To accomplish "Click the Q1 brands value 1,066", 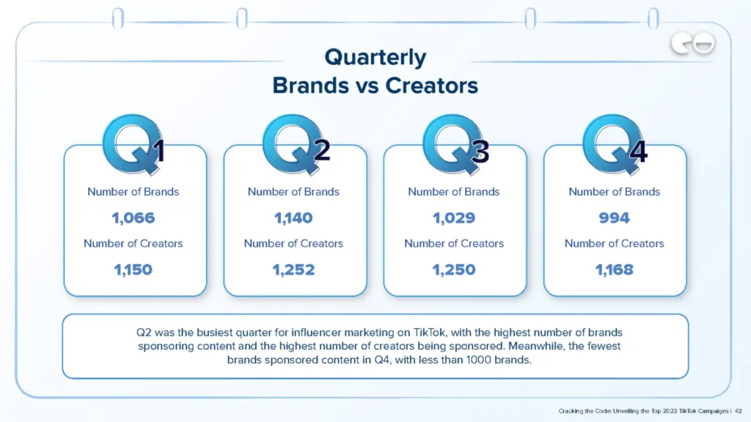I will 133,218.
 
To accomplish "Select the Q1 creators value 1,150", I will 133,270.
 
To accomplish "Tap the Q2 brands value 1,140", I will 293,218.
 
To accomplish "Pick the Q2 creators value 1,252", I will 293,270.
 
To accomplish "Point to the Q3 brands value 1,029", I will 454,218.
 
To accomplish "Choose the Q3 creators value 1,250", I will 454,270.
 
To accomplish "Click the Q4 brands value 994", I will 615,218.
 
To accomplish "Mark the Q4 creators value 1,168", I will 615,270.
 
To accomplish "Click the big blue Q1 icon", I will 131,144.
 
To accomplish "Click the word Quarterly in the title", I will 375,57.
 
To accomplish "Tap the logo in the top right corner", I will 692,45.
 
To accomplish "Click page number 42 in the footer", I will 739,410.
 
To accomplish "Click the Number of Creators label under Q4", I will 615,243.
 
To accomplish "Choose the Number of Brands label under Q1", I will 133,192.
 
